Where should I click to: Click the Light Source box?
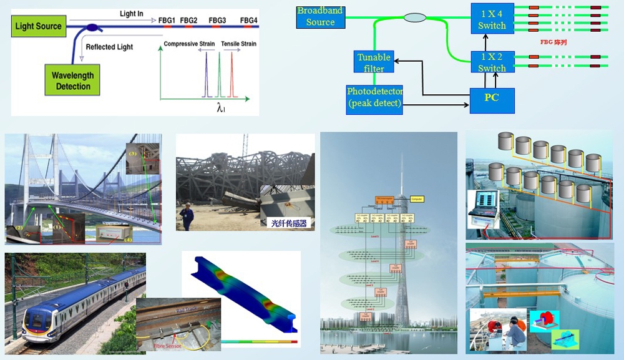coord(39,26)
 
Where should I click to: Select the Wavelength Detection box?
coord(73,80)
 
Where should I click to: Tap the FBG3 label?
coord(217,21)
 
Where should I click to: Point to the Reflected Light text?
coord(109,47)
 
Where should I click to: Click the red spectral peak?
coord(232,78)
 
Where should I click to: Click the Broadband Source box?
coord(320,17)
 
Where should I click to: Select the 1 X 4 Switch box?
coord(492,19)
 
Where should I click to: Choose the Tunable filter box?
coord(374,63)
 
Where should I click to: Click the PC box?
coord(492,99)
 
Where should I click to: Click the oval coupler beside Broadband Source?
coord(414,17)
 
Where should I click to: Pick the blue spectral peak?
coord(206,78)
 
